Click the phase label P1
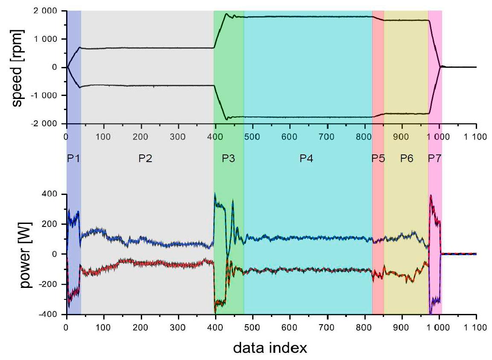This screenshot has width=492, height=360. [x=73, y=159]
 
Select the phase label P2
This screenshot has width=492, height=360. [x=145, y=159]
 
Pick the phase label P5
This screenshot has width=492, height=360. [x=378, y=159]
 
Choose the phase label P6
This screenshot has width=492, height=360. [x=406, y=159]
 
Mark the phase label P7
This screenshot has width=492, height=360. [x=435, y=159]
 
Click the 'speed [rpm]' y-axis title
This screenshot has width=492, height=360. [x=17, y=67]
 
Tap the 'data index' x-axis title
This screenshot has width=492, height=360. [x=270, y=348]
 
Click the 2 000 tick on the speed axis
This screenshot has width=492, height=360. [x=48, y=11]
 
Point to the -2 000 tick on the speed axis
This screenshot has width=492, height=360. [x=47, y=124]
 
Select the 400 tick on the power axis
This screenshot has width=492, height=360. [x=52, y=195]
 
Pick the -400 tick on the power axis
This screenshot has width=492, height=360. [x=50, y=314]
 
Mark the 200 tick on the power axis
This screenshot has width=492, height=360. [x=52, y=224]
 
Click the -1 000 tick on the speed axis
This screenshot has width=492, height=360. [x=47, y=96]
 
